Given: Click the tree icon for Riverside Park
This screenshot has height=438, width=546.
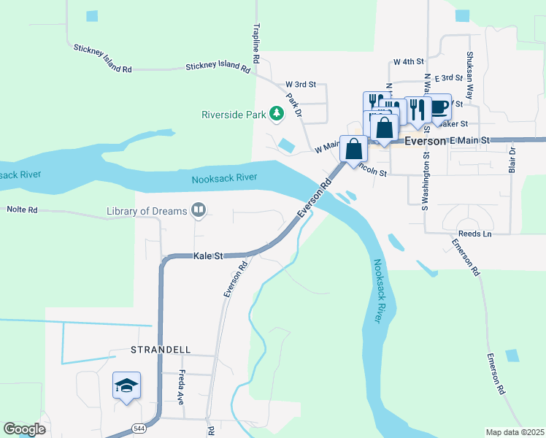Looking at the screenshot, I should point(277,114).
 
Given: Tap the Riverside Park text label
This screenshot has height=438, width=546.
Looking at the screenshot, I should point(234,115).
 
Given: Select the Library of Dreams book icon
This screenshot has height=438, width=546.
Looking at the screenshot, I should point(198,211).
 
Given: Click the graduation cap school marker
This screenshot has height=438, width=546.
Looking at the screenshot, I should point(126,385).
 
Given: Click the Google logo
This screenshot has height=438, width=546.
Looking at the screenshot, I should point(24,429).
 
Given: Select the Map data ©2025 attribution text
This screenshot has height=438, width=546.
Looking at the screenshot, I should point(515,432).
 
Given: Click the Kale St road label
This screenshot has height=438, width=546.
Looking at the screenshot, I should point(208,256).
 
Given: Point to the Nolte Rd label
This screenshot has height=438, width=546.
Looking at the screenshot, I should point(22,210).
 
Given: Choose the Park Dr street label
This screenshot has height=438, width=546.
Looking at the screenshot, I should point(293,104).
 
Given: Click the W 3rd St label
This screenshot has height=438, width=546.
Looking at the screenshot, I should point(300,85).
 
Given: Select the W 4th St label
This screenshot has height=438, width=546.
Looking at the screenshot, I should point(408,62).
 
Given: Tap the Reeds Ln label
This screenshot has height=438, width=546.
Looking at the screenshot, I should point(477,234).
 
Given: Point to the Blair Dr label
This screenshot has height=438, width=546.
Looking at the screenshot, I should point(512,160).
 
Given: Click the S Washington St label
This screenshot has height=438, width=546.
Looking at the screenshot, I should point(423,179).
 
